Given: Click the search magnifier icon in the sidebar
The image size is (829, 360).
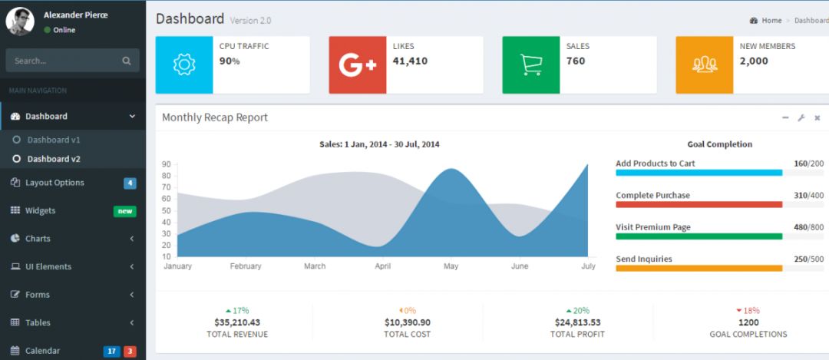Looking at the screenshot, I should (x=127, y=61).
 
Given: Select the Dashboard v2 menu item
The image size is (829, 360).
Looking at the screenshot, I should (x=54, y=159).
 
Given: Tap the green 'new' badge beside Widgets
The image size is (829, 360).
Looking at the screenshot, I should (x=125, y=211).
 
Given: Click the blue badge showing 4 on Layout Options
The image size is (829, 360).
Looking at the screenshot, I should (x=130, y=183).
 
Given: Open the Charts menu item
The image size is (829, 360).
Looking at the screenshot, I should (x=38, y=239).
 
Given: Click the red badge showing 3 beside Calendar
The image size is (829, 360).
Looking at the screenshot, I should (x=130, y=352).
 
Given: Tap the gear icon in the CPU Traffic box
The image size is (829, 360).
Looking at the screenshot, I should (x=184, y=65).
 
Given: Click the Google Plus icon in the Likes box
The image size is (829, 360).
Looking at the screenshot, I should (x=358, y=65).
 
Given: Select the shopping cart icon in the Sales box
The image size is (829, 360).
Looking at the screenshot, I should (x=531, y=65).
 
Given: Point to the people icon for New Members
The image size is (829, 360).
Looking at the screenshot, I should (x=705, y=65).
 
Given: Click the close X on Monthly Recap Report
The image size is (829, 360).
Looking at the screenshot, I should (x=817, y=117).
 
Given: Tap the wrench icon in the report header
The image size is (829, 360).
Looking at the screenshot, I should (x=801, y=117).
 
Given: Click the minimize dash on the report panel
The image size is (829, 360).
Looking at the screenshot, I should (x=785, y=117).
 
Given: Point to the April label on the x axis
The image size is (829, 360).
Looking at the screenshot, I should (x=382, y=266).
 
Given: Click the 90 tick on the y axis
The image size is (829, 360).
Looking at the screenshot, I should (x=167, y=164).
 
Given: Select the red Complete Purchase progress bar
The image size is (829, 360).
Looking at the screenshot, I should (x=699, y=204).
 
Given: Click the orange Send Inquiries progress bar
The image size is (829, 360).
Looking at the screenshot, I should (x=699, y=268).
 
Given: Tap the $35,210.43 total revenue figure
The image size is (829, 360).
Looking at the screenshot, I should (x=237, y=322).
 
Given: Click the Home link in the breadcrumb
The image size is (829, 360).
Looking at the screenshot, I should (x=771, y=21).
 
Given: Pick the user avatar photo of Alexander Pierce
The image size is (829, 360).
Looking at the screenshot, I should (x=20, y=21).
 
